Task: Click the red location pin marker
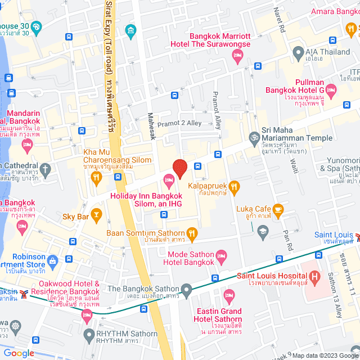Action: click(x=179, y=168)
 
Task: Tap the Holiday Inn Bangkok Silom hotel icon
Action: click(x=168, y=180)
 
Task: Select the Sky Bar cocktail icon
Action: click(x=97, y=213)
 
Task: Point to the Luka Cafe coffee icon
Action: click(x=277, y=210)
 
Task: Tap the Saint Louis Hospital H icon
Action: click(x=314, y=276)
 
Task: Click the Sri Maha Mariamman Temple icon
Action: click(x=254, y=137)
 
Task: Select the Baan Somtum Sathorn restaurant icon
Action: click(x=192, y=233)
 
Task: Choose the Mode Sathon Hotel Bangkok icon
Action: click(x=222, y=256)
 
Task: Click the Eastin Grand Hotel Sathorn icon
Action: click(x=229, y=295)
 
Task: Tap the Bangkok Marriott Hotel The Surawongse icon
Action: click(x=237, y=54)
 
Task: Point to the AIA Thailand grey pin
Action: click(x=298, y=54)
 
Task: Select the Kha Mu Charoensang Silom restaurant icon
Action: click(x=96, y=178)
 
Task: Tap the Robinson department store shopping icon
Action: click(x=52, y=260)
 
